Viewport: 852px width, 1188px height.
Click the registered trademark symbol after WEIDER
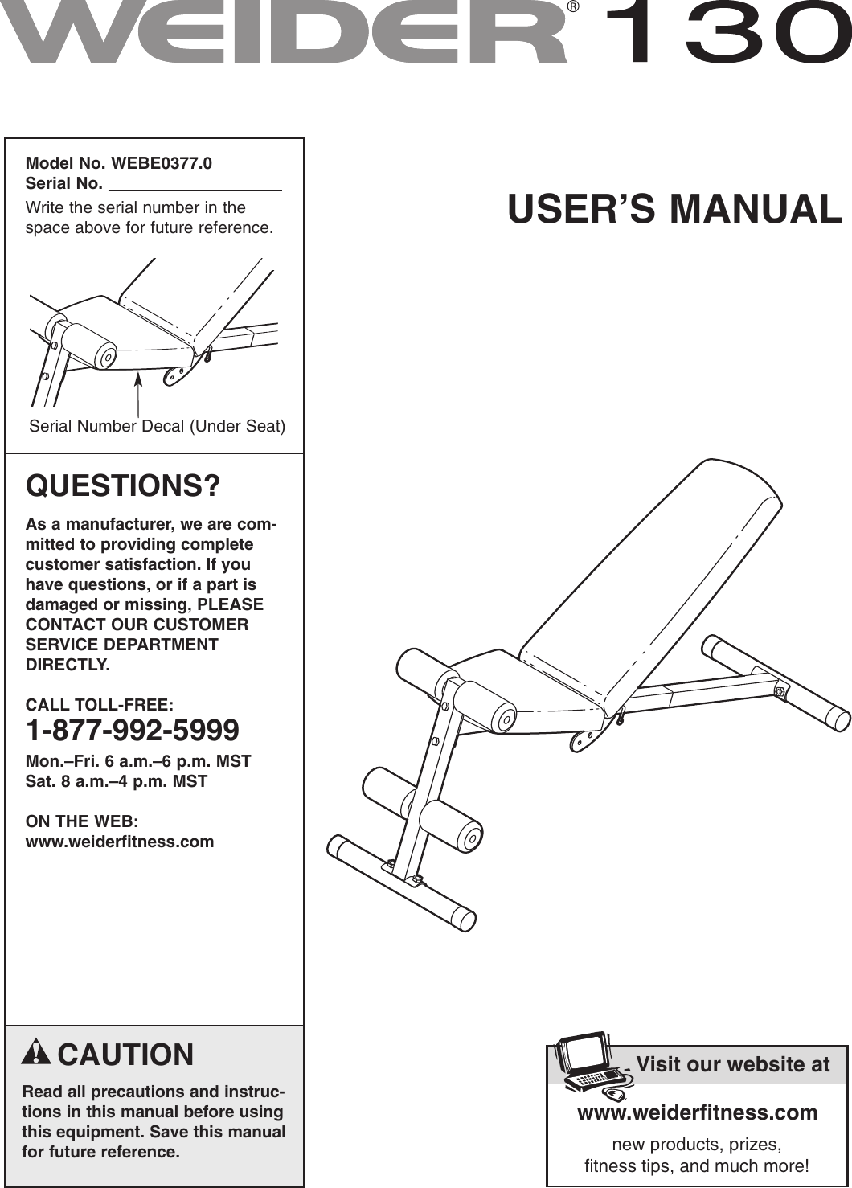pyautogui.click(x=573, y=7)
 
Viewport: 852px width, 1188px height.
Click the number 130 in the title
pyautogui.click(x=727, y=34)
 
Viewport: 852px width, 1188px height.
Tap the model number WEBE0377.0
pyautogui.click(x=162, y=164)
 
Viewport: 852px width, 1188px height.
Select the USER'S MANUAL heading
pyautogui.click(x=674, y=209)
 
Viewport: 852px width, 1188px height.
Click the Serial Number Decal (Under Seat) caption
pyautogui.click(x=157, y=426)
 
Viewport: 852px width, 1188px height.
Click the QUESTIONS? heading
pyautogui.click(x=123, y=486)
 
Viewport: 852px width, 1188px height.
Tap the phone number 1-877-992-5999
pyautogui.click(x=133, y=731)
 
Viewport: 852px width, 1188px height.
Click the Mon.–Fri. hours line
pyautogui.click(x=138, y=761)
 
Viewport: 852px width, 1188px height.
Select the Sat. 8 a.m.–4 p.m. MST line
pyautogui.click(x=117, y=781)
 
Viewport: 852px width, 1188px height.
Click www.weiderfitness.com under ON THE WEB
pyautogui.click(x=120, y=842)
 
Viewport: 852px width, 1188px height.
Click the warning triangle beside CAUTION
pyautogui.click(x=36, y=1052)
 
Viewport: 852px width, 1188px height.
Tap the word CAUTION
pyautogui.click(x=125, y=1055)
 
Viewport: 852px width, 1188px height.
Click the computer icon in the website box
pyautogui.click(x=591, y=1065)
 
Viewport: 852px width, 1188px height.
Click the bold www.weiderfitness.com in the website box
pyautogui.click(x=697, y=1112)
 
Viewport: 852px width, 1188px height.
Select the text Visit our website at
pyautogui.click(x=732, y=1064)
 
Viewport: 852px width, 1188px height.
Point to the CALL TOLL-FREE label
pyautogui.click(x=99, y=705)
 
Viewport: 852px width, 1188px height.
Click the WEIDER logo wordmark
pyautogui.click(x=285, y=34)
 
